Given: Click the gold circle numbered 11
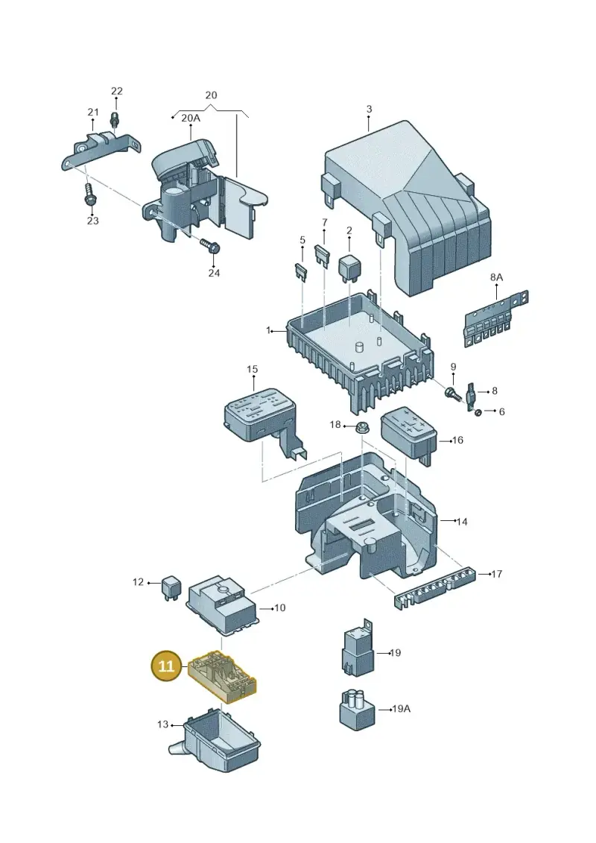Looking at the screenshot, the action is pos(166,666).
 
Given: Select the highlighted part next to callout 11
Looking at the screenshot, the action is pos(223,677).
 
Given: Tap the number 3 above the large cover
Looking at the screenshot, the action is pos(369,109).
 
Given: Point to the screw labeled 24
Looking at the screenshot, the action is pos(209,246).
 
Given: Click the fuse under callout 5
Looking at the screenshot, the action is pos(302,269).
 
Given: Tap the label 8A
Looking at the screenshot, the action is pos(496,277).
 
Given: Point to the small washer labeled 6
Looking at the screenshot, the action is pos(478,413).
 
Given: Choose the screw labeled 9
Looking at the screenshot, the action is pos(452,393).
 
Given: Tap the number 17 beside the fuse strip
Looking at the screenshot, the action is pos(497,574).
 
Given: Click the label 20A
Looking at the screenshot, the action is pos(190,118).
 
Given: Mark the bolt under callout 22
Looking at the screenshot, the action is pos(114,117).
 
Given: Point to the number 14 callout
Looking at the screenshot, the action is pos(462,522).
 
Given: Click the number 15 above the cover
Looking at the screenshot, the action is pos(252,370).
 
